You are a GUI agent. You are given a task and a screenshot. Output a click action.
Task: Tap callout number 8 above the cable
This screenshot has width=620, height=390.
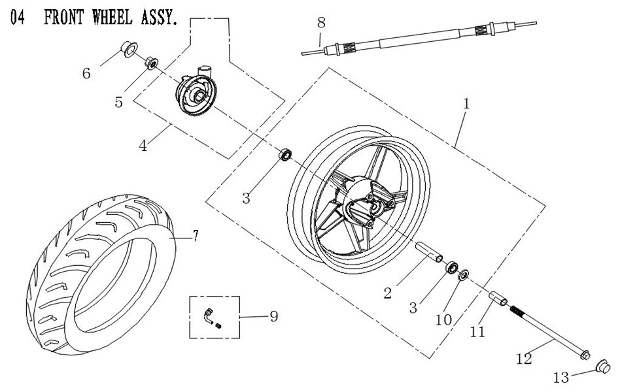[x=321, y=22]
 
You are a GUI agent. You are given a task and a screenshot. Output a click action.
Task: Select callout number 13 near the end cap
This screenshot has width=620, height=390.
[x=560, y=378]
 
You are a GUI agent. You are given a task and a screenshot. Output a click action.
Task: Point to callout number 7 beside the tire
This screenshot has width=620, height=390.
[x=196, y=236]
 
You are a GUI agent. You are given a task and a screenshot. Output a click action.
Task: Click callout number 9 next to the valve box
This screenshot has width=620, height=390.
[x=273, y=316]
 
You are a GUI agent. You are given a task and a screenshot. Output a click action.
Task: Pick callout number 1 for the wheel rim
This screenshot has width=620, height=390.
[x=466, y=103]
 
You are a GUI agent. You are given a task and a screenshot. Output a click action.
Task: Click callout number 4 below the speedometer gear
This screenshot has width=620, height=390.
[x=143, y=146]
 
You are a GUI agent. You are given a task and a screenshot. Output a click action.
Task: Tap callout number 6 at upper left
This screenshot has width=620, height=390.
[x=86, y=73]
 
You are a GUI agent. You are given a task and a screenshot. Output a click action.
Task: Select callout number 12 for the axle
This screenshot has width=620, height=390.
[x=525, y=359]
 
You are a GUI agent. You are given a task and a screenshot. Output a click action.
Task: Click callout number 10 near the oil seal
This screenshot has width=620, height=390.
[x=443, y=319]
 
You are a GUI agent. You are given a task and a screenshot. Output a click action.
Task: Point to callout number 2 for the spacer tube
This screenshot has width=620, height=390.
[x=387, y=293]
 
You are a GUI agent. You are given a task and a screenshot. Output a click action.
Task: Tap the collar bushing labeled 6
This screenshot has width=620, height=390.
[x=128, y=49]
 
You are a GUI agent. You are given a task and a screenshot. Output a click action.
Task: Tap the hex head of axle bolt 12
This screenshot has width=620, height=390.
[x=585, y=355]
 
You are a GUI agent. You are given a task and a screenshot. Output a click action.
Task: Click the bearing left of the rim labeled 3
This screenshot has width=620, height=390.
[x=285, y=155]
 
